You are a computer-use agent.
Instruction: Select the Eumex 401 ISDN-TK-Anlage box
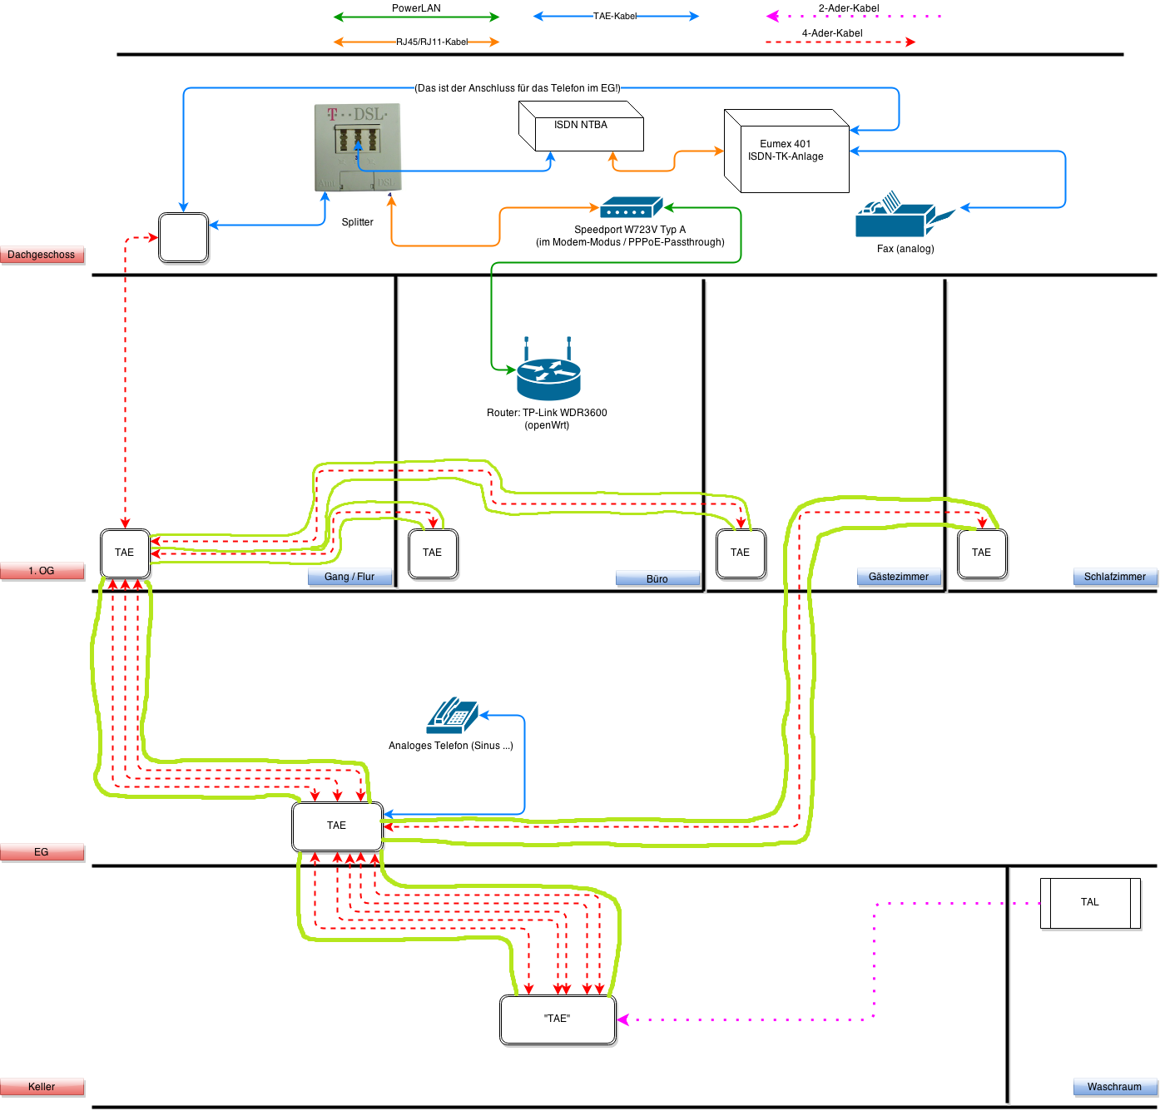click(x=786, y=151)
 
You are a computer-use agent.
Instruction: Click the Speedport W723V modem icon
click(x=631, y=207)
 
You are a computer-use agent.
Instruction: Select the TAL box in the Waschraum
click(x=1090, y=903)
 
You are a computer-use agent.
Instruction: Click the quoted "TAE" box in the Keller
click(x=558, y=1019)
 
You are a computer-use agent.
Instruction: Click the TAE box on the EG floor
click(x=337, y=826)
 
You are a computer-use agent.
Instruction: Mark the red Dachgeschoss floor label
click(x=42, y=255)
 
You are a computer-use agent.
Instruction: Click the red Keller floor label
click(x=42, y=1087)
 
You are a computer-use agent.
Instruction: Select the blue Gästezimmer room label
click(x=899, y=577)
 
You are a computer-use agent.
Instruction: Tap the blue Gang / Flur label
click(x=349, y=577)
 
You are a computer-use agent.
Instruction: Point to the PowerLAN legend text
click(x=416, y=8)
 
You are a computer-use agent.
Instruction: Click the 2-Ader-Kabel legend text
click(x=849, y=8)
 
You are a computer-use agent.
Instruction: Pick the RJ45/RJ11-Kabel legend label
click(x=432, y=42)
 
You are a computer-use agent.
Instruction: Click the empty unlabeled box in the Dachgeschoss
click(x=183, y=238)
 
